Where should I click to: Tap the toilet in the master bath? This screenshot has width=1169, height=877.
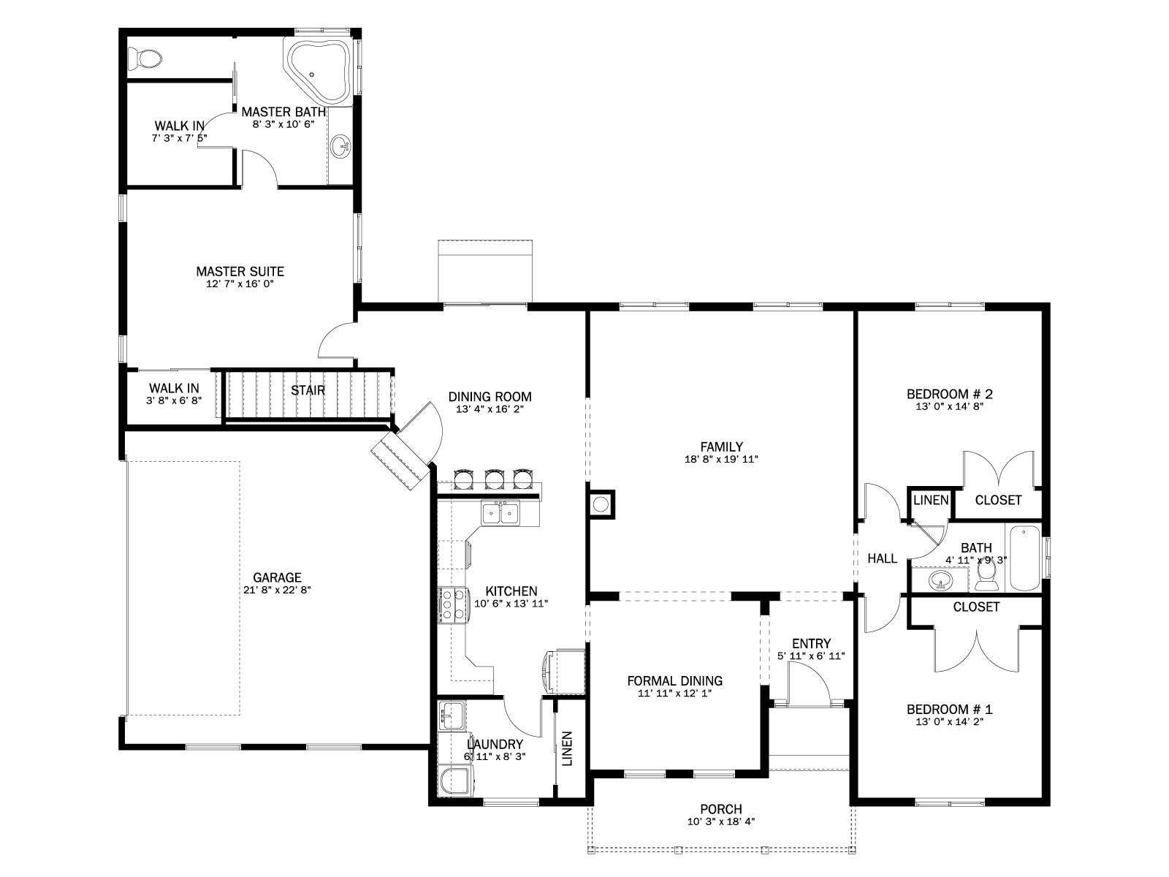click(x=145, y=58)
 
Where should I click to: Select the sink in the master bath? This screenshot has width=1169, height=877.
click(x=340, y=145)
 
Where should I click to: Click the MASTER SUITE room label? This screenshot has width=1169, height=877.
click(x=240, y=271)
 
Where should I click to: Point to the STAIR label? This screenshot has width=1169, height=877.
click(x=308, y=390)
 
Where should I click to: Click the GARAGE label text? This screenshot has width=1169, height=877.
click(x=277, y=577)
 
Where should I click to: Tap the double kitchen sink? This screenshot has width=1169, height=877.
click(x=500, y=513)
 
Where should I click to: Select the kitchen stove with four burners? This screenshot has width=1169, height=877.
click(x=453, y=605)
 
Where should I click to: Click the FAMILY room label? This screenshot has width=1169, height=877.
click(x=722, y=447)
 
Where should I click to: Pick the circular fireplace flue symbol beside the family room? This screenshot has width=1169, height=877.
click(x=601, y=504)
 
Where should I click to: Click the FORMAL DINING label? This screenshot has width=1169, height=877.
click(x=675, y=680)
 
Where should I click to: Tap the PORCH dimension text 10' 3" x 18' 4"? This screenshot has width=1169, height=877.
click(x=721, y=821)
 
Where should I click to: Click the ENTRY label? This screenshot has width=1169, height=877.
click(x=811, y=644)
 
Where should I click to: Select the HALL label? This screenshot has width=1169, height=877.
click(x=883, y=558)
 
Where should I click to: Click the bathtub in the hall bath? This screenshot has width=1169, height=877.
click(x=1024, y=558)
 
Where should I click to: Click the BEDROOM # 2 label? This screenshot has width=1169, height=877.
click(x=950, y=394)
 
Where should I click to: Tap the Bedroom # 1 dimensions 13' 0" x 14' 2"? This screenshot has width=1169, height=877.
click(x=950, y=721)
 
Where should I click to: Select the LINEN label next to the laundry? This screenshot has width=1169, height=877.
click(x=567, y=748)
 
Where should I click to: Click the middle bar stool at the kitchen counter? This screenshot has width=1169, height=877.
click(x=495, y=479)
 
